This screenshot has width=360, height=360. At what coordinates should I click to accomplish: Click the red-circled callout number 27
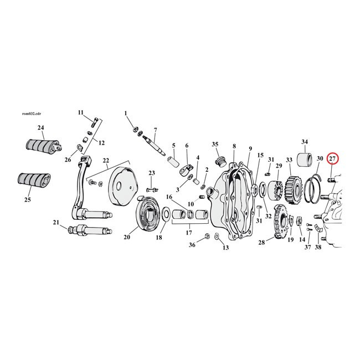point(332,159)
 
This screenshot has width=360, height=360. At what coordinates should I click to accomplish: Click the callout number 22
point(105,161)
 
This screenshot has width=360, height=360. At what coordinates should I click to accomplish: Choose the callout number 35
point(215,145)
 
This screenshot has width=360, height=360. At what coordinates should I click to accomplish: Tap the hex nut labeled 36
point(207,236)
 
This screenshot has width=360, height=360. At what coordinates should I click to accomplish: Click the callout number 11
point(80,112)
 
